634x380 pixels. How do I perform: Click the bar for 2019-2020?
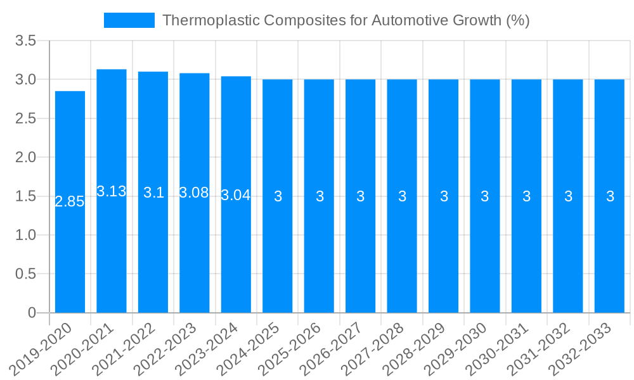(x=70, y=202)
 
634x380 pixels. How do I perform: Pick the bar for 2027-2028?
(x=402, y=196)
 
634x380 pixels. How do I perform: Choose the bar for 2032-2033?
(x=609, y=196)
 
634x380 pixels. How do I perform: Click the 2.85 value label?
(x=70, y=202)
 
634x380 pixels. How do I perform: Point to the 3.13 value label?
(x=112, y=191)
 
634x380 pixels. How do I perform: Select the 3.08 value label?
(x=194, y=193)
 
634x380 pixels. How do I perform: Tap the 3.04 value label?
(x=236, y=196)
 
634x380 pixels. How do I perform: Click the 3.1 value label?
(x=153, y=193)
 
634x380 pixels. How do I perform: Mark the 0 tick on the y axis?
(x=32, y=313)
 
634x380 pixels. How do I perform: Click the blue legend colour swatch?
(x=129, y=20)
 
